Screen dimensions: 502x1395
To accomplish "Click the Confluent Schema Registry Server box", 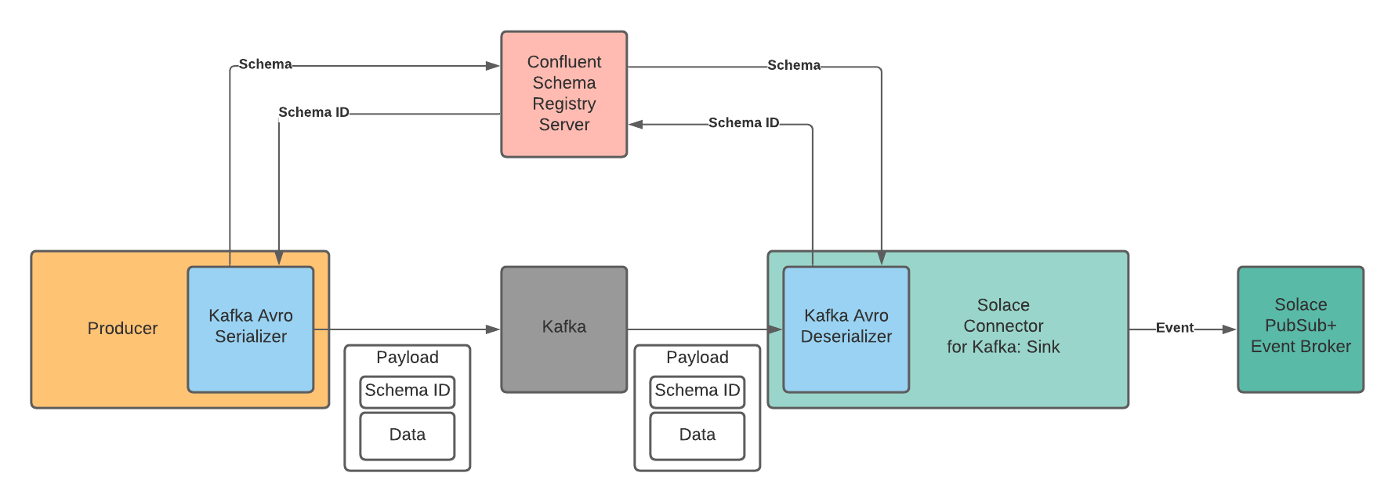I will click(x=563, y=94).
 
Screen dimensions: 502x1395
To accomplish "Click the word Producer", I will click(x=122, y=329).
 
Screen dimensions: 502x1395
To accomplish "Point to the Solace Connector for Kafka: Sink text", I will click(x=1003, y=326).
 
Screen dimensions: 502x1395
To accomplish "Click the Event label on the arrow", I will click(x=1174, y=328).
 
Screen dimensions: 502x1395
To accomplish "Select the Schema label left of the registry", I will click(x=265, y=64).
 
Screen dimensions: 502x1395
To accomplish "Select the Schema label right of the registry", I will click(x=793, y=65).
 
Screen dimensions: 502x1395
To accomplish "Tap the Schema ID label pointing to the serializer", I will click(x=313, y=112).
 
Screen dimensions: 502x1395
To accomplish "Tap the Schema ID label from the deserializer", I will click(x=743, y=123).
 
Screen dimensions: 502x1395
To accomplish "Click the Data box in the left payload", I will click(x=407, y=435).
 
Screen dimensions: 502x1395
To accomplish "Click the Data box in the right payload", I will click(x=697, y=435).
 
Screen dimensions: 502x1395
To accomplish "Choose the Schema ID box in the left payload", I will click(x=407, y=391).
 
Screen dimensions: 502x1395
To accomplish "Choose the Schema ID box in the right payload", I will click(x=697, y=391).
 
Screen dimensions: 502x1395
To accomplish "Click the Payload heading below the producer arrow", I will click(x=407, y=358).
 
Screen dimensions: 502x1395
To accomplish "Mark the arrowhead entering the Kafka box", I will click(x=493, y=329).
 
